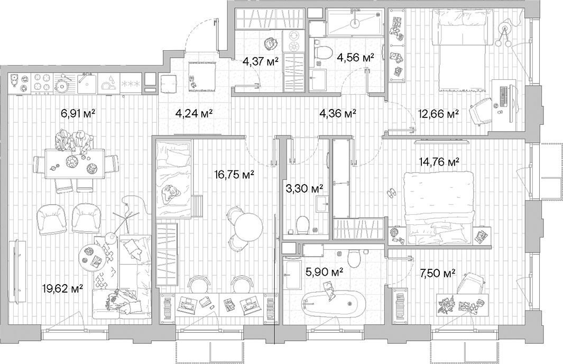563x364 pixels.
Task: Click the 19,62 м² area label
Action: [x=62, y=288]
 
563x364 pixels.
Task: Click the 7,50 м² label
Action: [x=437, y=273]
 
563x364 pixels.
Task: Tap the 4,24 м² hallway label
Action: [x=193, y=113]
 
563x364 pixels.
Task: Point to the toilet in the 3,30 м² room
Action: [x=302, y=225]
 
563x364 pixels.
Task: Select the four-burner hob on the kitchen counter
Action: [x=41, y=83]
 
